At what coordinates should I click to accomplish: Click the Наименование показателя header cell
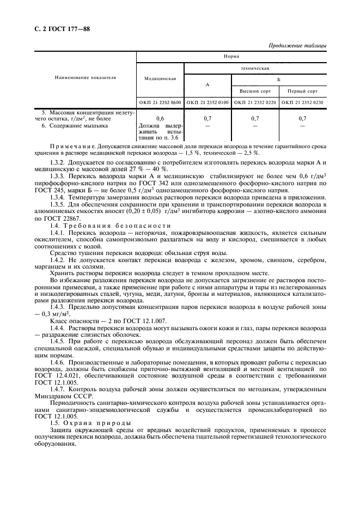(x=86, y=77)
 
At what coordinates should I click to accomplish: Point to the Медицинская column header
(x=160, y=78)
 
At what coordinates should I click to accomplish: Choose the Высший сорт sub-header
(x=255, y=90)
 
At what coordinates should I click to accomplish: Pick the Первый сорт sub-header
(x=302, y=90)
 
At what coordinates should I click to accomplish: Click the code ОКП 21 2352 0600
(x=160, y=102)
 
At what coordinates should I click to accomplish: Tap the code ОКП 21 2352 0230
(x=302, y=102)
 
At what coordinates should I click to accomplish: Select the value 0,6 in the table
(x=160, y=118)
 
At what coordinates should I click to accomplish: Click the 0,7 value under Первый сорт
(x=302, y=118)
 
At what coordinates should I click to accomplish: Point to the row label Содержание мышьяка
(x=78, y=125)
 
